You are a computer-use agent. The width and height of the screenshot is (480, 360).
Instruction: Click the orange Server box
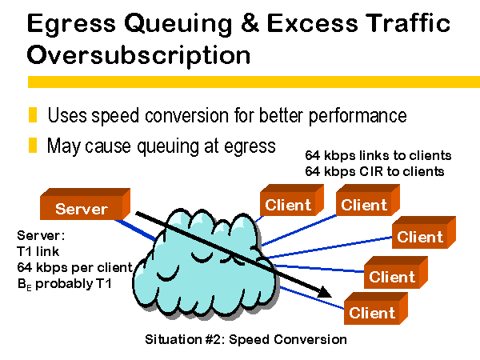click(85, 204)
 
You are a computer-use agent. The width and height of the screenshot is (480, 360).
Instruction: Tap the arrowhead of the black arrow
click(325, 293)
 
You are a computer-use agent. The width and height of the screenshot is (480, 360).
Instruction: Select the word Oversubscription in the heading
click(138, 55)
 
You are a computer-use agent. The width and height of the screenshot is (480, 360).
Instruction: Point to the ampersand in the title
click(250, 22)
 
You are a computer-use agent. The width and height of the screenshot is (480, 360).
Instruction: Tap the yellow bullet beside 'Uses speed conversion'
click(33, 114)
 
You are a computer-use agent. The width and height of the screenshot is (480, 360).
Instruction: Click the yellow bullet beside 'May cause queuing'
click(33, 145)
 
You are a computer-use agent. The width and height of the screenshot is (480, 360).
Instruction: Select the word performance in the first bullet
click(358, 116)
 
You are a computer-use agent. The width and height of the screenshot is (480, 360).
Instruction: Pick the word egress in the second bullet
click(250, 147)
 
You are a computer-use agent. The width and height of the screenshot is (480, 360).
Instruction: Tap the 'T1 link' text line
click(38, 251)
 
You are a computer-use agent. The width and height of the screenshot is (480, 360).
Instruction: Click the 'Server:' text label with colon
click(41, 235)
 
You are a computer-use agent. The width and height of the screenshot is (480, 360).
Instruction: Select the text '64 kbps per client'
click(75, 267)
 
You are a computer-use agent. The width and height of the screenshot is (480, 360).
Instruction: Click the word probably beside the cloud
click(64, 284)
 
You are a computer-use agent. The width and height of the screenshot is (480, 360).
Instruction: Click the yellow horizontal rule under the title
click(254, 82)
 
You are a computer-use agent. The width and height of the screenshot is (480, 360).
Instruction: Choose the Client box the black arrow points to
click(376, 308)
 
